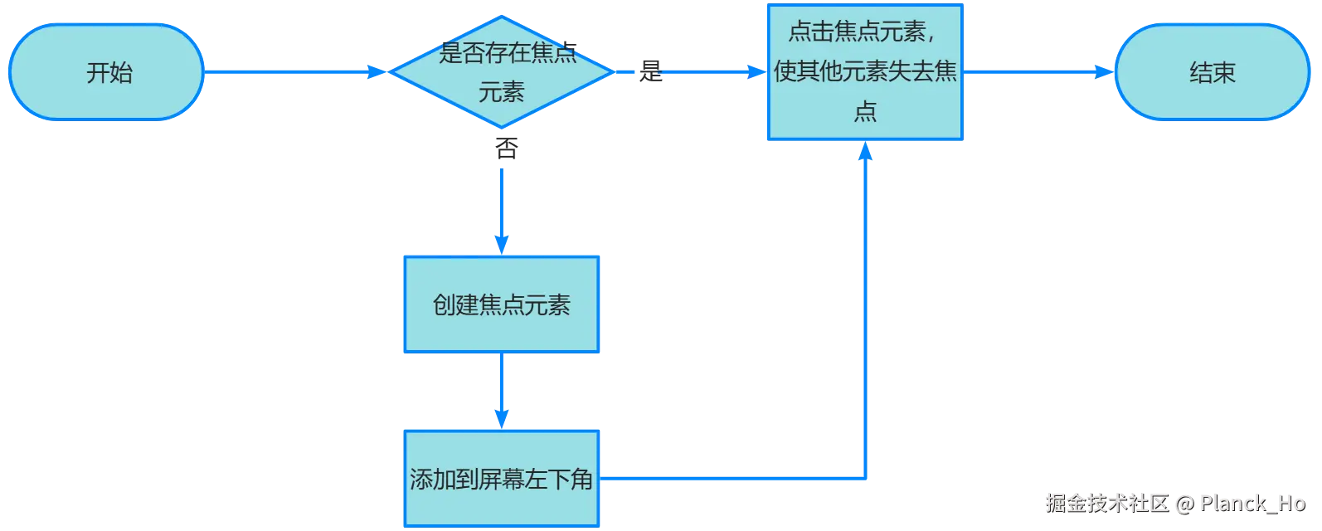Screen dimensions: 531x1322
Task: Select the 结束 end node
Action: (x=1212, y=73)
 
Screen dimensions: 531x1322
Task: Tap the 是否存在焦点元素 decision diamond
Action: (x=501, y=71)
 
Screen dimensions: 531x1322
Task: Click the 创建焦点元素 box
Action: (x=501, y=305)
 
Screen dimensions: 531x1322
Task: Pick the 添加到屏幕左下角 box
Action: (x=501, y=479)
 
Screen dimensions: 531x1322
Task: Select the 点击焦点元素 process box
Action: (x=864, y=73)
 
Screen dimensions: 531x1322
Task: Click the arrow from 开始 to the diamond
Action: (x=290, y=73)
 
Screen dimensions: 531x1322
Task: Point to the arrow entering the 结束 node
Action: (x=1037, y=73)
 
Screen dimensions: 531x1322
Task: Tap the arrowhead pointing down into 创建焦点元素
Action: (x=501, y=243)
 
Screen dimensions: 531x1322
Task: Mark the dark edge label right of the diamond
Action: (x=649, y=73)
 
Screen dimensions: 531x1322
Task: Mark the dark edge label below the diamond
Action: (x=505, y=146)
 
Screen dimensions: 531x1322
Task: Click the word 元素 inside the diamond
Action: (x=501, y=92)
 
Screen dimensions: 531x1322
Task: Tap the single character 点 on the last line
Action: (x=865, y=112)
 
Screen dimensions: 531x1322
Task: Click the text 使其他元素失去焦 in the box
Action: (x=865, y=72)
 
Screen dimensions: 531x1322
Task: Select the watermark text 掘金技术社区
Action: (x=1105, y=503)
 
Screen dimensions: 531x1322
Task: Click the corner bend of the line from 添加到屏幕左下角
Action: (x=865, y=479)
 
